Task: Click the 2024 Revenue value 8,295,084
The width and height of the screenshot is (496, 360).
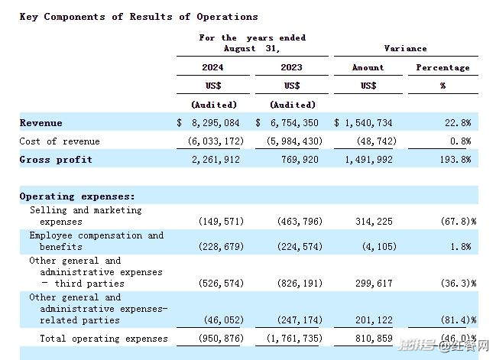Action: [216, 123]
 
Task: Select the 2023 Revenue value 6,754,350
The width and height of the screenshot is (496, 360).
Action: [294, 123]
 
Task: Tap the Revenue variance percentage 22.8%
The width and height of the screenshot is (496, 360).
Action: [458, 123]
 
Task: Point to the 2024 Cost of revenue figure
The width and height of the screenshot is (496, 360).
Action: [216, 141]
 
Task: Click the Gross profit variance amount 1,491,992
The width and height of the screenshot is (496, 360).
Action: [368, 160]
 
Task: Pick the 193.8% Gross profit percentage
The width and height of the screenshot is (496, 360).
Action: [455, 160]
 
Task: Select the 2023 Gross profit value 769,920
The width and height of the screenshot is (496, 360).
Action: [300, 160]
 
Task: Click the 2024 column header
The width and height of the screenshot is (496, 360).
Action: [212, 67]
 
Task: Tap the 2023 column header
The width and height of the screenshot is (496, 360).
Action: [291, 67]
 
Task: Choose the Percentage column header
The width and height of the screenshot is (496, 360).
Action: [443, 68]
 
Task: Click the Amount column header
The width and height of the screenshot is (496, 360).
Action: [368, 67]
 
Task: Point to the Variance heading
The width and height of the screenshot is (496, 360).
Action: [405, 48]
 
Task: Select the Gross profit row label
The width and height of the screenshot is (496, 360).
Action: [56, 160]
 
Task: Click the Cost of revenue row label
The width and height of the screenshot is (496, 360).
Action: [60, 141]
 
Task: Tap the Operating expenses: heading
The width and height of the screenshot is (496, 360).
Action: [77, 196]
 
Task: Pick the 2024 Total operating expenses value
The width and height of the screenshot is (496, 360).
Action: [221, 339]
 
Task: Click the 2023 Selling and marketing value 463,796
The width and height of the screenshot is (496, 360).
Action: [300, 221]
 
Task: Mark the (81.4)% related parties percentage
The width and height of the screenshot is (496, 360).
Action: [459, 319]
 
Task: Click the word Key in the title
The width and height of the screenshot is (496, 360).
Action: [29, 17]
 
